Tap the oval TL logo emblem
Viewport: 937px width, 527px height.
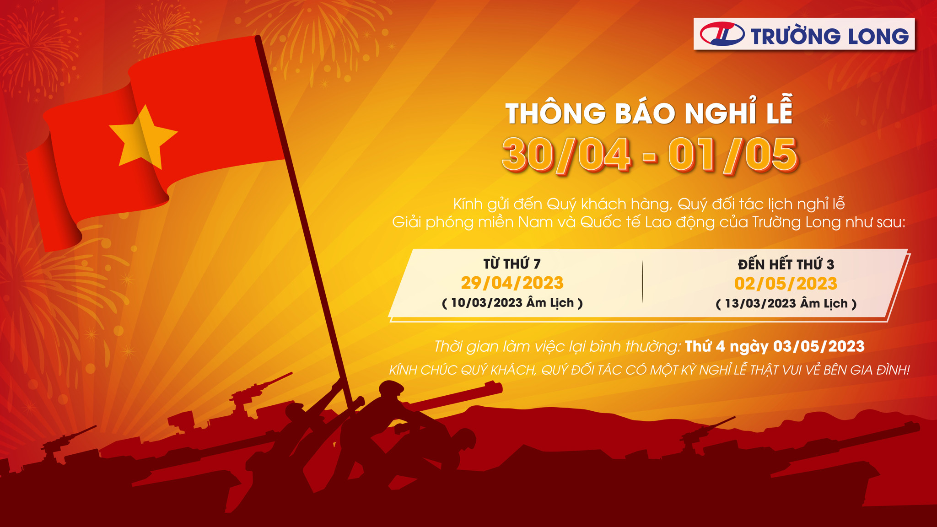722,34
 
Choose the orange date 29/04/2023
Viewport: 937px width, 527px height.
512,283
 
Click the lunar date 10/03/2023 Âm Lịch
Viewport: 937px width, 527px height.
512,303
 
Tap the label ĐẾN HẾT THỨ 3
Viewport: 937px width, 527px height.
786,263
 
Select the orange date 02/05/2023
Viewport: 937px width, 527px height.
786,284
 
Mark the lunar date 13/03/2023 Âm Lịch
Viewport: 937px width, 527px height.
786,303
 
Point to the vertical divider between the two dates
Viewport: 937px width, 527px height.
642,282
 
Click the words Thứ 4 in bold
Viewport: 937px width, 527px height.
705,346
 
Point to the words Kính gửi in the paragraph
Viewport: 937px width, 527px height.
480,204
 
